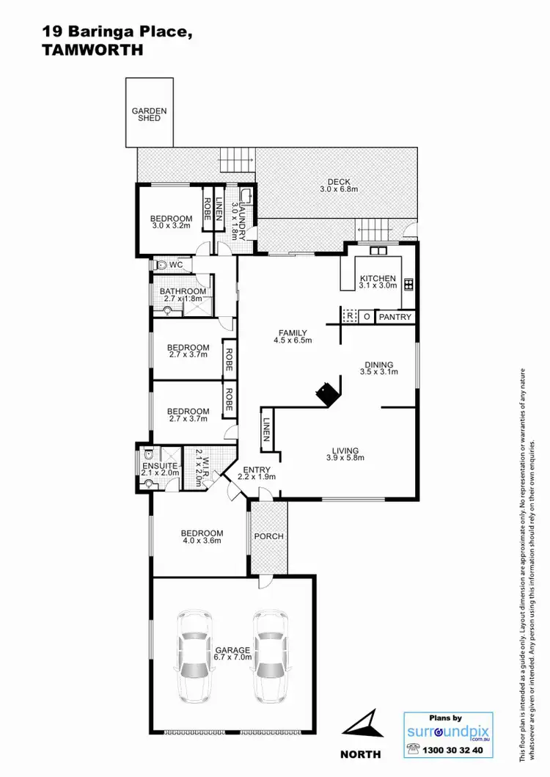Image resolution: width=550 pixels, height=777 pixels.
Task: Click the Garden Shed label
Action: [x=149, y=114]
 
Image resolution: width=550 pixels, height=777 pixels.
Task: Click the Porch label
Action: [x=268, y=536]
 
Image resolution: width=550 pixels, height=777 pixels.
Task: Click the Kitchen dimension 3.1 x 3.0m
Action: [x=378, y=287]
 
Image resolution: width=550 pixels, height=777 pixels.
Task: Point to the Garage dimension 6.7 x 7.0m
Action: [x=233, y=658]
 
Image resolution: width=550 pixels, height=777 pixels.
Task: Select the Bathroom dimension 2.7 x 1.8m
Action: [x=183, y=299]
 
